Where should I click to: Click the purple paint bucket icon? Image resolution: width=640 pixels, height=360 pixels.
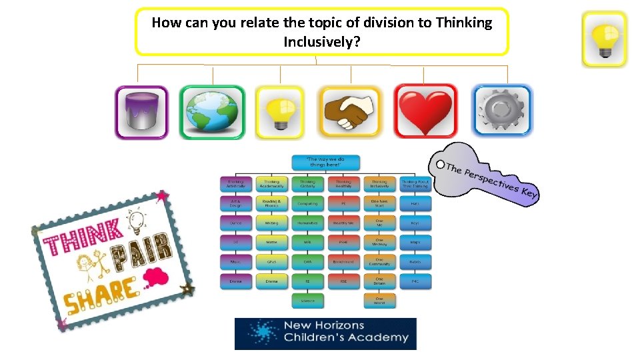coord(141,112)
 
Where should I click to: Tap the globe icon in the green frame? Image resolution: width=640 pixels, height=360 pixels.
coord(212,112)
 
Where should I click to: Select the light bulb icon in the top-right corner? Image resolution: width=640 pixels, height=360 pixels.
coord(604,39)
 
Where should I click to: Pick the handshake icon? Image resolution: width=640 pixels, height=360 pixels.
coord(349,112)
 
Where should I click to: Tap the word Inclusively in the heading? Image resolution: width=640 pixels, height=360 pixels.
coord(321,41)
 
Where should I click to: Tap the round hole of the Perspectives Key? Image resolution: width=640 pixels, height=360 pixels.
coord(439,164)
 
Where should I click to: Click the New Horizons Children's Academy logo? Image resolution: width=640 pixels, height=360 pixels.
coord(325,333)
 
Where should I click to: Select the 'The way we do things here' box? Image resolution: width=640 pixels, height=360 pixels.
coord(326,162)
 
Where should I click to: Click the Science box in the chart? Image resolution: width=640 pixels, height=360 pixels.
coord(307,301)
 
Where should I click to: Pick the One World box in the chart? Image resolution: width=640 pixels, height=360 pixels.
coord(379,301)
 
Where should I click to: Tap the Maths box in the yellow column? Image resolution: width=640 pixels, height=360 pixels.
coord(271,242)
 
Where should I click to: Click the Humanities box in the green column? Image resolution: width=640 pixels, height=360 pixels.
coord(307,223)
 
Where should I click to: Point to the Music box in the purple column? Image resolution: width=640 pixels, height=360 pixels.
coord(235,262)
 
